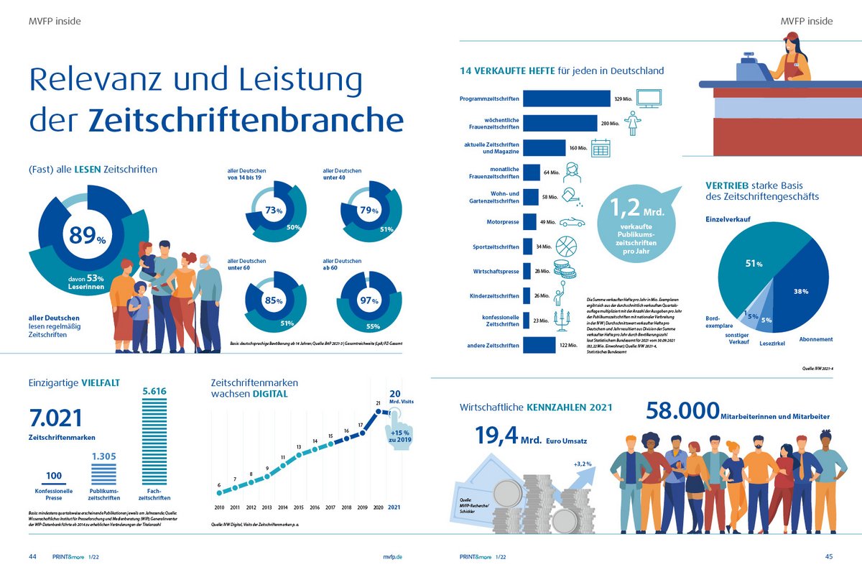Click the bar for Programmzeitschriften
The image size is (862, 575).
[x=566, y=98]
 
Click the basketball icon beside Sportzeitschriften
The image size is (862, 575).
[x=566, y=246]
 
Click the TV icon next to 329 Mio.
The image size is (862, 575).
[x=650, y=98]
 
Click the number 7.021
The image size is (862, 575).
[x=56, y=418]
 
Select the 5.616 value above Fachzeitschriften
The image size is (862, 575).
[x=154, y=391]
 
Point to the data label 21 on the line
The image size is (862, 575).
[x=378, y=402]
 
